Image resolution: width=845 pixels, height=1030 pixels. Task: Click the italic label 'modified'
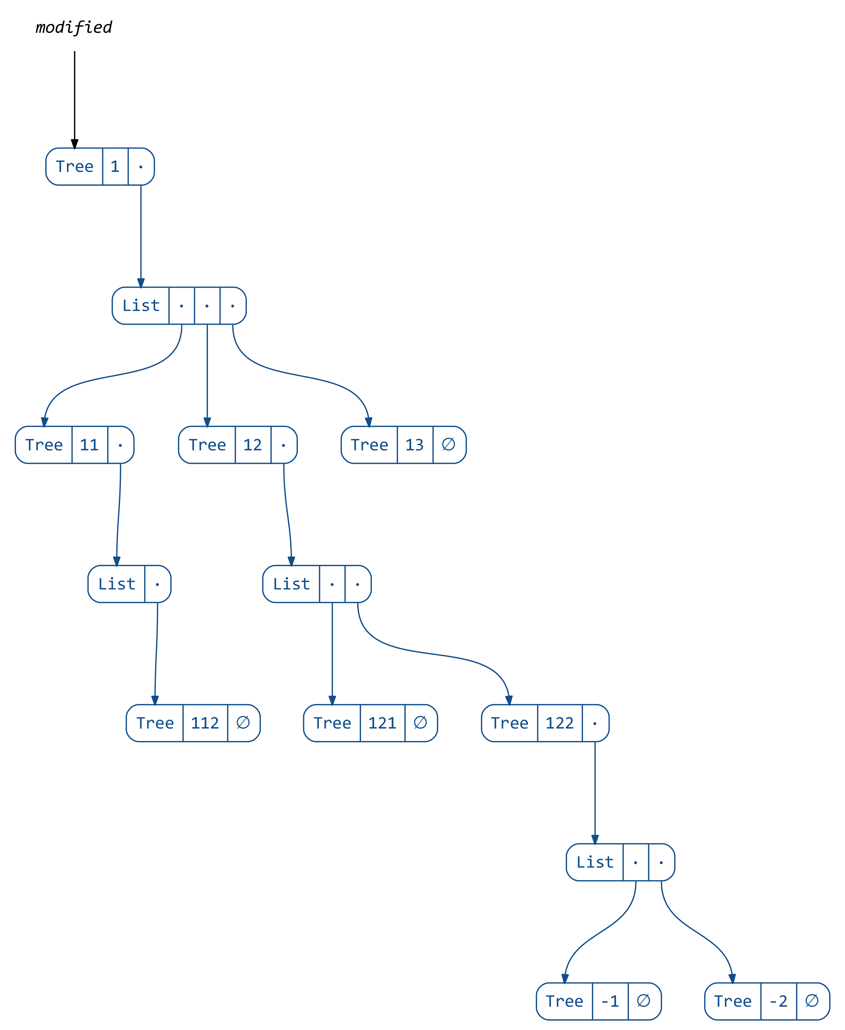(x=74, y=27)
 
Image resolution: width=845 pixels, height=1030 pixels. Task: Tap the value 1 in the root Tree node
(x=115, y=167)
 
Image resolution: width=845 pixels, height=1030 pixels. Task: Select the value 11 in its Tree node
(x=90, y=445)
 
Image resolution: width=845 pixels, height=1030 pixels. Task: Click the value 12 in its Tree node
(x=253, y=445)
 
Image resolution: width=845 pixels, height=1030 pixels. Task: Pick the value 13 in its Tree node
(x=415, y=445)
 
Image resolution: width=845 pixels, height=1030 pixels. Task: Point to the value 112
(x=205, y=723)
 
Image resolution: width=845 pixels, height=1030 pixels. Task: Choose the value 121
(x=382, y=723)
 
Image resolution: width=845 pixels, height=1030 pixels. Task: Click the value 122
(x=559, y=723)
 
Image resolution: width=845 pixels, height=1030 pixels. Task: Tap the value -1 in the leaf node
(x=610, y=1001)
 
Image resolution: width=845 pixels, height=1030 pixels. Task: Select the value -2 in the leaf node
(x=778, y=1001)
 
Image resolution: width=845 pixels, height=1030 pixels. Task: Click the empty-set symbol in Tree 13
(x=449, y=444)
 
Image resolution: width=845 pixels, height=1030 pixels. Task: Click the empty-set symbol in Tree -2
(x=812, y=1001)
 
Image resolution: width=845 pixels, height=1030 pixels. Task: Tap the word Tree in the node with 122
(x=510, y=723)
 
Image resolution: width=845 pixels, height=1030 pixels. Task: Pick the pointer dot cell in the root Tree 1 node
(x=141, y=167)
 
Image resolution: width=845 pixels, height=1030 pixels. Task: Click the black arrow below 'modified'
(x=74, y=97)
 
